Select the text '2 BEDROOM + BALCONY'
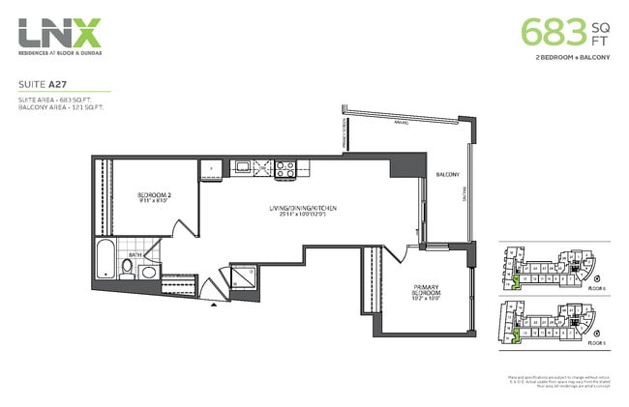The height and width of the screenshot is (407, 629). tap(572, 59)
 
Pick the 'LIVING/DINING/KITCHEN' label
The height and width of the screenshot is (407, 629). tap(303, 209)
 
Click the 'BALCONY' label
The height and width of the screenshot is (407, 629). tap(446, 175)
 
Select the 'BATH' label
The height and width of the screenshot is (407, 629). tap(137, 255)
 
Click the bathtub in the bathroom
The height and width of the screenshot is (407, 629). tap(105, 262)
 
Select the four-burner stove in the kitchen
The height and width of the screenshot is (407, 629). tap(286, 168)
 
